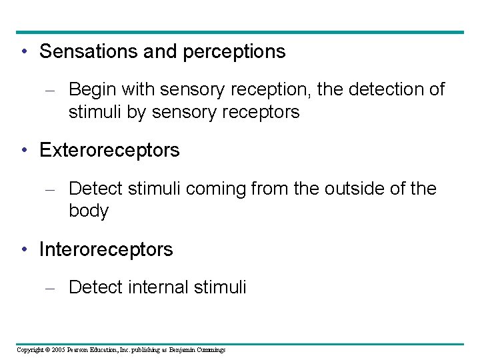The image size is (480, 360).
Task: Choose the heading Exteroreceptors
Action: click(x=109, y=150)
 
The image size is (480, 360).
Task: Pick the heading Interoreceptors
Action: click(x=106, y=249)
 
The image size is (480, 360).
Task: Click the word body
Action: click(x=88, y=211)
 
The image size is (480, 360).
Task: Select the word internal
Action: click(x=159, y=287)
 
